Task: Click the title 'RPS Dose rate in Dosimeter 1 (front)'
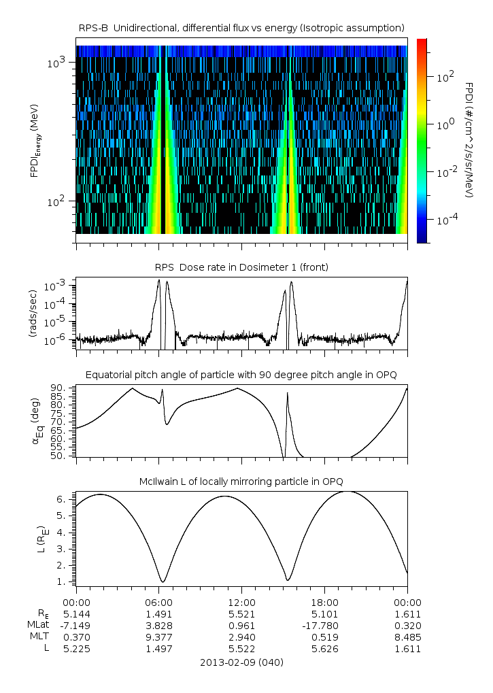tap(241, 268)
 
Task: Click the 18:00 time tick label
tap(324, 603)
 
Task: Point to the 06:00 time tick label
tap(158, 603)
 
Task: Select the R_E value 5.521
tap(241, 614)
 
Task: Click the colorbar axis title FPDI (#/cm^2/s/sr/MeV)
tap(469, 140)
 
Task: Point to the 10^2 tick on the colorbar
tap(445, 77)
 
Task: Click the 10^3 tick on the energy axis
tap(56, 63)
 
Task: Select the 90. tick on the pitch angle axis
tap(57, 388)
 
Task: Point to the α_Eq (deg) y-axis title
tap(35, 422)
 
